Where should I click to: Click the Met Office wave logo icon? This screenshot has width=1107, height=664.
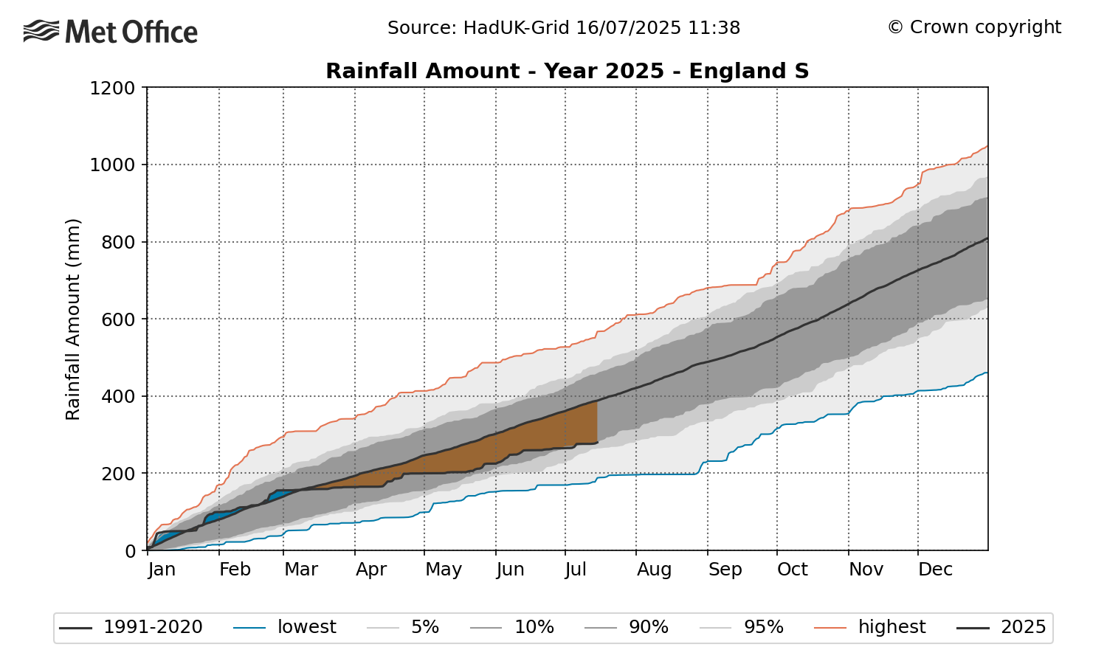click(41, 32)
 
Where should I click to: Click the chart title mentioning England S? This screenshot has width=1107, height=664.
click(567, 72)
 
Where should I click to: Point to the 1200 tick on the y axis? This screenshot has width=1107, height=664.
click(112, 89)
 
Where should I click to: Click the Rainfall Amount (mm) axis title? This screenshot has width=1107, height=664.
click(72, 319)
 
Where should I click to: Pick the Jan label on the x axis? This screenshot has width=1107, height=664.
click(162, 570)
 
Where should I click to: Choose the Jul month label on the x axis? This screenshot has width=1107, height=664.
click(576, 570)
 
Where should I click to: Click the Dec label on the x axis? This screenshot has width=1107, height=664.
click(935, 570)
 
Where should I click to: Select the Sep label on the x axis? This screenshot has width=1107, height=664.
click(725, 570)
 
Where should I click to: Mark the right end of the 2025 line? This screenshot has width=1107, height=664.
click(596, 443)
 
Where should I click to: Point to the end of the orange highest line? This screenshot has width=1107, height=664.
click(987, 146)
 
